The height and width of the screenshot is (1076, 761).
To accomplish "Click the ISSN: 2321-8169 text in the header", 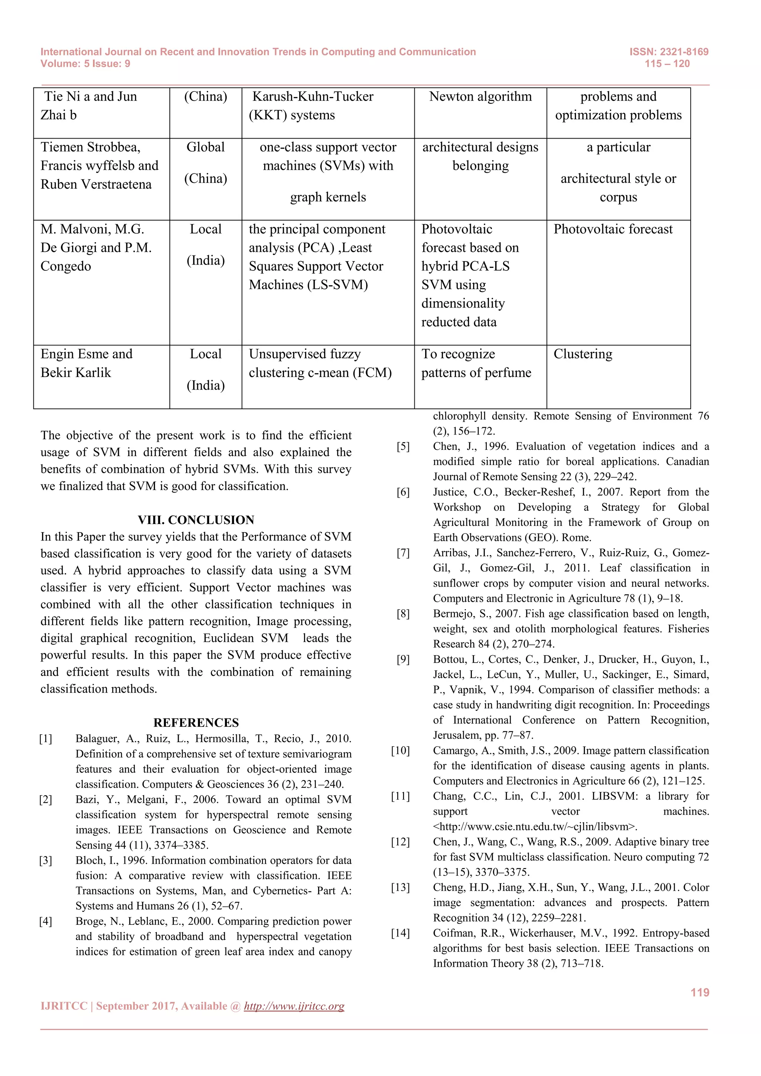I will tap(668, 52).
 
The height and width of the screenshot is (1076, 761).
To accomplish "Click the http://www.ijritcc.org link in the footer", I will tap(294, 1006).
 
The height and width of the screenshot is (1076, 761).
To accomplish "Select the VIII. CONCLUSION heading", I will tap(195, 520).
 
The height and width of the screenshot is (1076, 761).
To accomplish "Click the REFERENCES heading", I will tap(195, 722).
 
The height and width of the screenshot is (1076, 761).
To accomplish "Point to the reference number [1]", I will tap(45, 739).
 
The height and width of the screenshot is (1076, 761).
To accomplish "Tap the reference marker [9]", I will tap(403, 659).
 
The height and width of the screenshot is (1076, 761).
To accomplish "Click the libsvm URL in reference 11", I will tap(535, 826).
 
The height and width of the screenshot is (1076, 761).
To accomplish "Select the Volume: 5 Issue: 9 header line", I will tap(85, 64).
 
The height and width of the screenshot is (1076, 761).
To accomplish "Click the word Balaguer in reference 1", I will tap(96, 739).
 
